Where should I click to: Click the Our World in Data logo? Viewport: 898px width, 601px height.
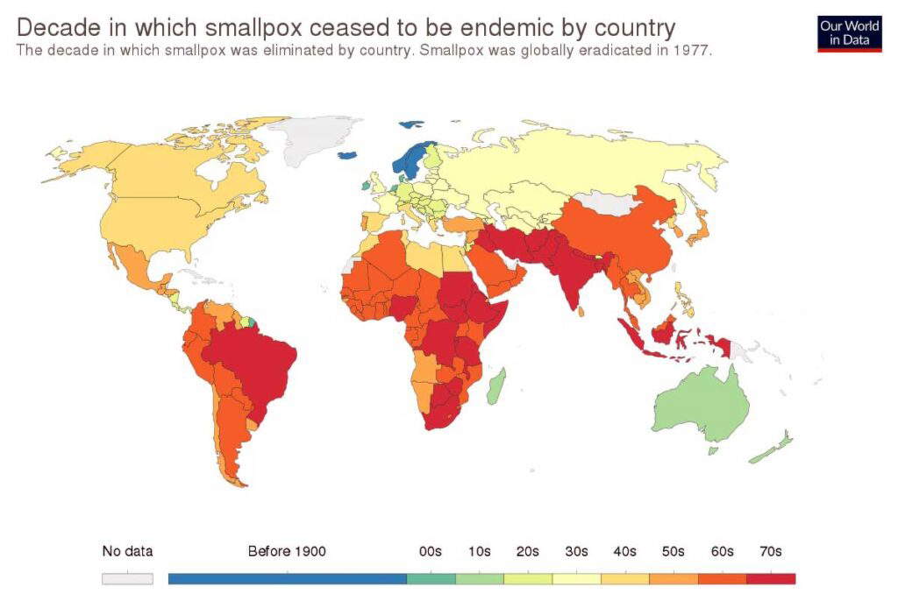[849, 33]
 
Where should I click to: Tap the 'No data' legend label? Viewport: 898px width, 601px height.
[127, 551]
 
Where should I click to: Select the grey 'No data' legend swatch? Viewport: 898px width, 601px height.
[127, 578]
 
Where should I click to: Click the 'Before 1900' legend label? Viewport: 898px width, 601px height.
[287, 551]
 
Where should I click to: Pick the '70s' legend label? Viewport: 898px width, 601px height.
[770, 551]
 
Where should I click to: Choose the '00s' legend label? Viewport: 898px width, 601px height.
[430, 551]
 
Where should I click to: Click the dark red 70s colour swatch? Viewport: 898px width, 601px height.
[771, 578]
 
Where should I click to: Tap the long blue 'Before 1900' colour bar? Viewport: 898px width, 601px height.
[287, 578]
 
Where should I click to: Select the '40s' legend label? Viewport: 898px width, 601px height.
[624, 551]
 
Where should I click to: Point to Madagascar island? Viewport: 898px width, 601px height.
[495, 385]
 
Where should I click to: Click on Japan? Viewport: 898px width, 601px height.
[698, 230]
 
